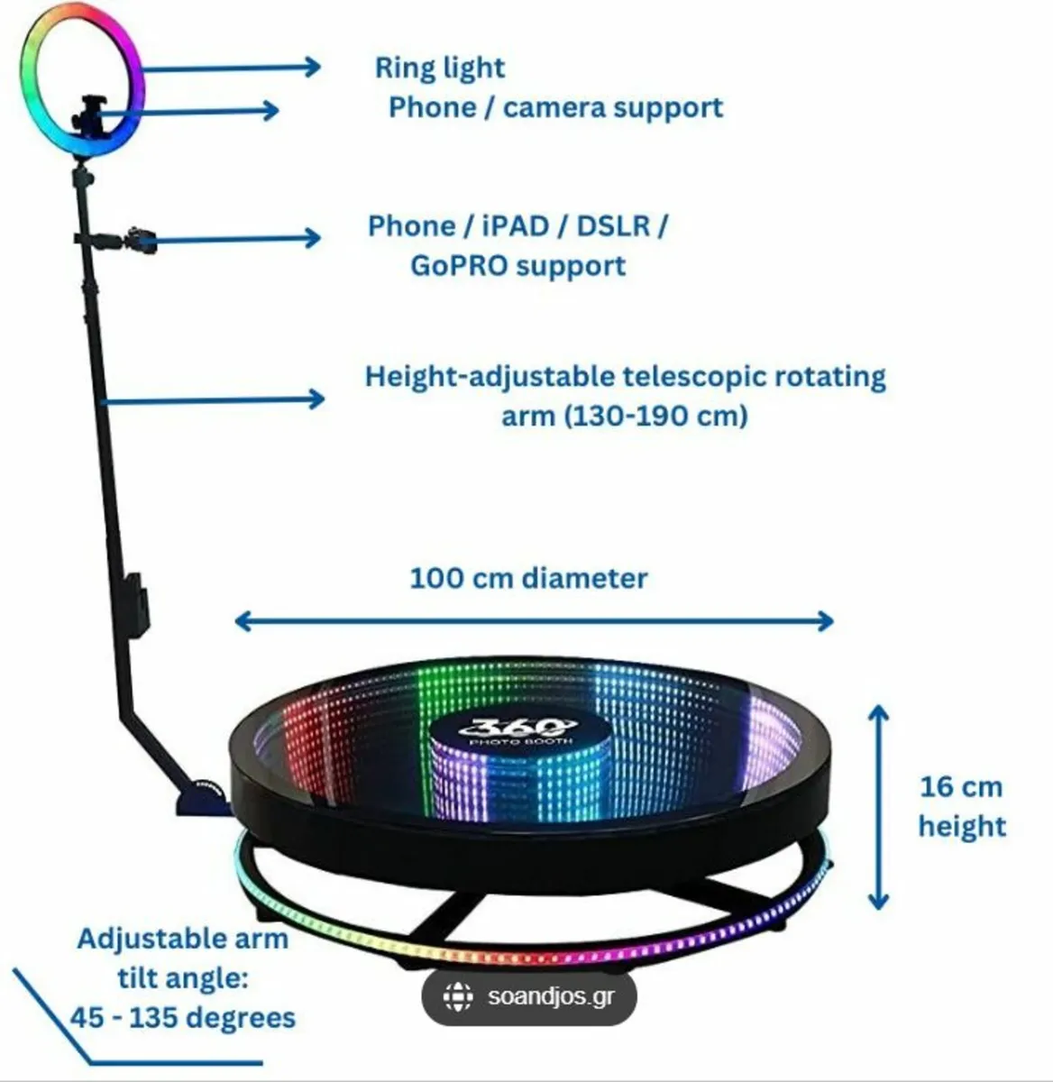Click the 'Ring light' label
[440, 68]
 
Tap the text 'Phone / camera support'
[555, 107]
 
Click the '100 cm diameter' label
[528, 578]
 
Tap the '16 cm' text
[960, 786]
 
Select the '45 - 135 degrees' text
[183, 1018]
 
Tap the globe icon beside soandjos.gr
[458, 997]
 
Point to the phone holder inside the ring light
[90, 114]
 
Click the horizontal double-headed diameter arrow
[534, 620]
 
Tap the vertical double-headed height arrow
[878, 808]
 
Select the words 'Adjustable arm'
[183, 939]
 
